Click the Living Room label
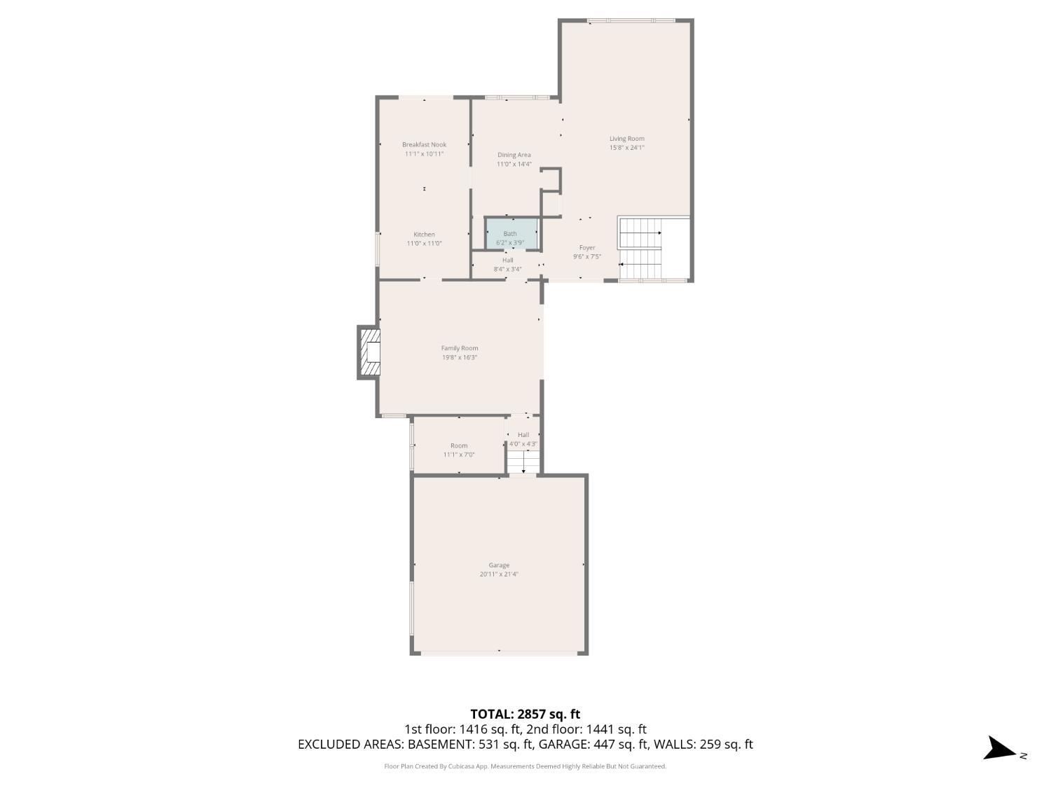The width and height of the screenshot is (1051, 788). pyautogui.click(x=626, y=139)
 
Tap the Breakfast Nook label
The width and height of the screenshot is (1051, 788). pyautogui.click(x=424, y=144)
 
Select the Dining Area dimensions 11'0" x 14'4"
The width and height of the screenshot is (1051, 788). pyautogui.click(x=514, y=165)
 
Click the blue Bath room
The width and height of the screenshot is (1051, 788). pyautogui.click(x=511, y=234)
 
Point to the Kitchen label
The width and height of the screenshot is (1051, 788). pyautogui.click(x=424, y=235)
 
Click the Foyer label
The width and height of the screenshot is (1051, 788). pyautogui.click(x=587, y=247)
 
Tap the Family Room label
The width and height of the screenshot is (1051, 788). pyautogui.click(x=460, y=348)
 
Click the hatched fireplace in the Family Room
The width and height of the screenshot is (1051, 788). pyautogui.click(x=369, y=353)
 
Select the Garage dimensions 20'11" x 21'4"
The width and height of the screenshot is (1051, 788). pyautogui.click(x=499, y=574)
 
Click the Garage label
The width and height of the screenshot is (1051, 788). pyautogui.click(x=499, y=565)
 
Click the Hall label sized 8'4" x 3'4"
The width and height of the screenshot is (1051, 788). pyautogui.click(x=507, y=260)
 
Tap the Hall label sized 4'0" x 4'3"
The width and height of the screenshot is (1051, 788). pyautogui.click(x=523, y=435)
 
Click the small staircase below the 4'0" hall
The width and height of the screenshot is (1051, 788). pyautogui.click(x=523, y=462)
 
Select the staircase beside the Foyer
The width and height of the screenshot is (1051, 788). pyautogui.click(x=641, y=249)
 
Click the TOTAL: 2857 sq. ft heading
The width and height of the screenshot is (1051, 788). pyautogui.click(x=525, y=714)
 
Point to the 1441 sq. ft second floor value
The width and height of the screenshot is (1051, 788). pyautogui.click(x=617, y=729)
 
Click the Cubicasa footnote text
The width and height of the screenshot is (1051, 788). pyautogui.click(x=525, y=766)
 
